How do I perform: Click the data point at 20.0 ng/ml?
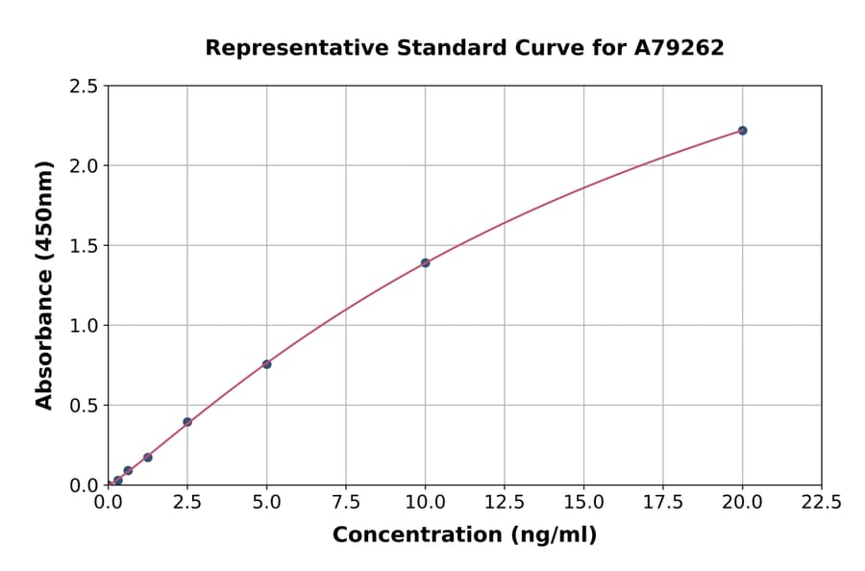(742, 131)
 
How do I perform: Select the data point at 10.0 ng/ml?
(425, 262)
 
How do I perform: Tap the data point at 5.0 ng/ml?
(267, 364)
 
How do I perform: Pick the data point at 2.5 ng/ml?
(187, 422)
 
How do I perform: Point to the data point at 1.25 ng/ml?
(148, 458)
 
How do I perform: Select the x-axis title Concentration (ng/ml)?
(464, 534)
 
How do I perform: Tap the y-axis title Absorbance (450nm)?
(44, 285)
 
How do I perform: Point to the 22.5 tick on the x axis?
(821, 502)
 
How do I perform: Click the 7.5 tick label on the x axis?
(346, 502)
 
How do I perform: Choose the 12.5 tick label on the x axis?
(505, 502)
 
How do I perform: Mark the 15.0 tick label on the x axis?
(583, 502)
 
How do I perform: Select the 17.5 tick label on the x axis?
(663, 502)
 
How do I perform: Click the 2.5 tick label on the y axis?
(84, 87)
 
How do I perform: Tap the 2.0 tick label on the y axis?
(84, 166)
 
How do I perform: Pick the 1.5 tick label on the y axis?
(84, 246)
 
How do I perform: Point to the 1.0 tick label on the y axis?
(84, 326)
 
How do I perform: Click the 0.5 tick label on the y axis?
(84, 406)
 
